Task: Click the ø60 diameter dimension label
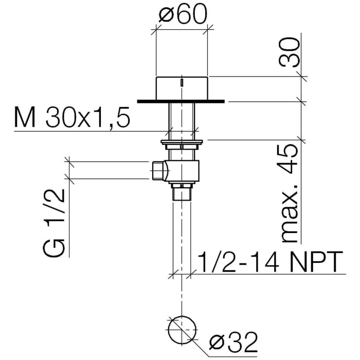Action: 183,14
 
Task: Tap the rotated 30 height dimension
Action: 290,52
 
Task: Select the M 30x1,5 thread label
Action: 72,117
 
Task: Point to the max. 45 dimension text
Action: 290,193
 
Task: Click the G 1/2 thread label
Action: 53,222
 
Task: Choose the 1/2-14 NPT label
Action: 270,262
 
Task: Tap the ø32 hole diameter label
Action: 233,343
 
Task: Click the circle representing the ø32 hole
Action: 182,316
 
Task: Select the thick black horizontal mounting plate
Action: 181,101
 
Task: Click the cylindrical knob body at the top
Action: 182,88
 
